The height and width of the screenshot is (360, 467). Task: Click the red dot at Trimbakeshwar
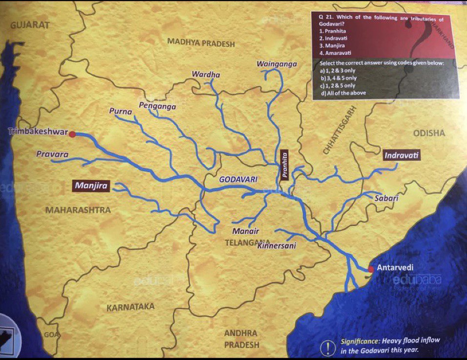click(72, 134)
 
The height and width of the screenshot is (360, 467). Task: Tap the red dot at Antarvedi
click(371, 269)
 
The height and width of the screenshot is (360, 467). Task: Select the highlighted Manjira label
click(91, 185)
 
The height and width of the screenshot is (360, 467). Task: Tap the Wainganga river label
click(277, 64)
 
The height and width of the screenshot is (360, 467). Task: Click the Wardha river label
click(206, 75)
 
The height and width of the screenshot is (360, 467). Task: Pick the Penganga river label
click(157, 106)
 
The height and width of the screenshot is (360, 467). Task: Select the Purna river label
click(121, 112)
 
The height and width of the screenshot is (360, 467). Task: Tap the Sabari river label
click(386, 199)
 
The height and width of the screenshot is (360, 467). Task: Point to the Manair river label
click(245, 231)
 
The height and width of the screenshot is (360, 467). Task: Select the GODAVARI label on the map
click(238, 180)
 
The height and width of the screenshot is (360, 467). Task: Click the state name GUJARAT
click(30, 25)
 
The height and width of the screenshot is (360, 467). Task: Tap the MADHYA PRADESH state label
click(201, 43)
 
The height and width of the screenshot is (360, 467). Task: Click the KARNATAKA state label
click(130, 307)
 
